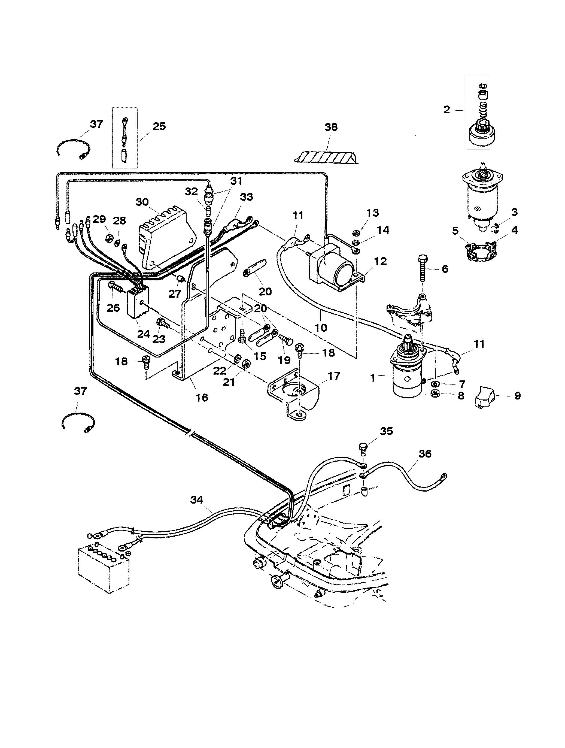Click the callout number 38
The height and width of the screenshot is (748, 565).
[x=331, y=127]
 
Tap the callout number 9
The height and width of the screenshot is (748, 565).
[x=517, y=395]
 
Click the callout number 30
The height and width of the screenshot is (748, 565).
[x=142, y=202]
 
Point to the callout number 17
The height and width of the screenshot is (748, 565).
[x=334, y=376]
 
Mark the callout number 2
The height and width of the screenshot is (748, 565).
[x=447, y=110]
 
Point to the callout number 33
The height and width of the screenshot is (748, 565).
[x=246, y=197]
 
